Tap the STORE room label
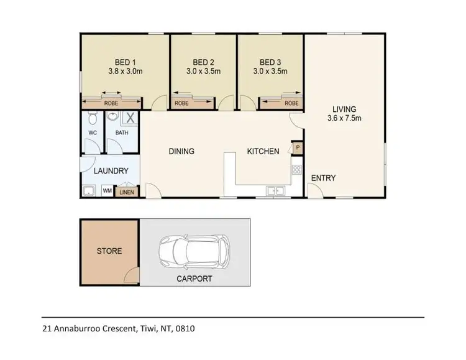point(109,251)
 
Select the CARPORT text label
point(194,279)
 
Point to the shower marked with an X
point(130,118)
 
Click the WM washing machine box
point(107,191)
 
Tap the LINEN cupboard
point(126,192)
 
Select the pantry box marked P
point(298,148)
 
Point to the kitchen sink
point(273,190)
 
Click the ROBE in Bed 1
point(111,103)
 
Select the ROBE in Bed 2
point(181,103)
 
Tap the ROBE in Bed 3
point(291,103)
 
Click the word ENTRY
point(323,178)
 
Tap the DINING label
point(181,151)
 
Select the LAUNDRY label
point(111,171)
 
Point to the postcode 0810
point(186,328)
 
